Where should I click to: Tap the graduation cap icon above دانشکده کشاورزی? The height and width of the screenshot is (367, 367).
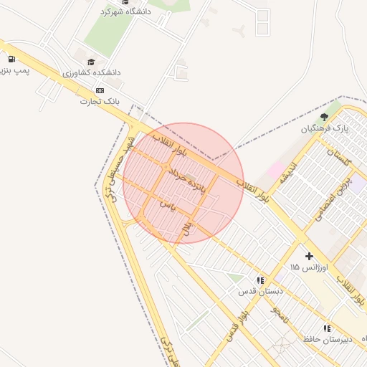coord(91,62)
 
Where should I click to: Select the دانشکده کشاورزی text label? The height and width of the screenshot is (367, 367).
coord(92,72)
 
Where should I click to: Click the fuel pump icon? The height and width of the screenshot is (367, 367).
coord(11,59)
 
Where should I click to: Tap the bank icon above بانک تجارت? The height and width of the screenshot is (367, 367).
coord(99,90)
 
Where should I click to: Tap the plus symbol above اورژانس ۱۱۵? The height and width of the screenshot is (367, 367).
coord(309,256)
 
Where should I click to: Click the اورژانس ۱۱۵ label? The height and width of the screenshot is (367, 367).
coord(309,267)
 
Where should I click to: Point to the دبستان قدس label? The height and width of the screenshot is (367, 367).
coord(261,292)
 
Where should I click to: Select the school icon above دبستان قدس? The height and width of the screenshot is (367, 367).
coord(259,280)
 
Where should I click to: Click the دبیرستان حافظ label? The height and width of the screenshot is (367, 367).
coord(327,338)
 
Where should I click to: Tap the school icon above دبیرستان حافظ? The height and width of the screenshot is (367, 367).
coord(327,328)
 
